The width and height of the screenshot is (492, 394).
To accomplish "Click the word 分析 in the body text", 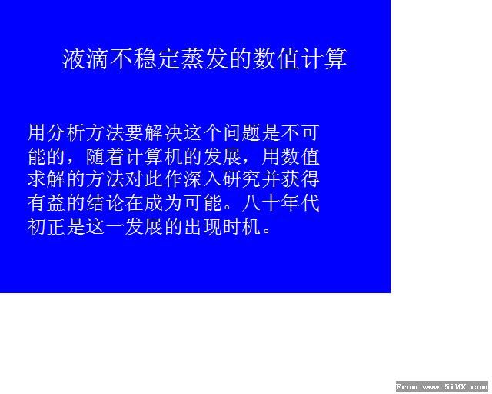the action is point(66,132).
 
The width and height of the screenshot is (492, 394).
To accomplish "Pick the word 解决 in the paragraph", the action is point(164,132).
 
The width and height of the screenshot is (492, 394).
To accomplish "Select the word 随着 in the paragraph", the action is point(105,156).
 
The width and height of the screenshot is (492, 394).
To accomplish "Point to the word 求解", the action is point(46,179).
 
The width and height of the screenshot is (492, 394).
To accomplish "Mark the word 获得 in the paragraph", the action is point(300,179).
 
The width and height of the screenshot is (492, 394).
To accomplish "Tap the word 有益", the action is point(46,203).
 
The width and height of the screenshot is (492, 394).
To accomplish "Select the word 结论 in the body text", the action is point(105,203).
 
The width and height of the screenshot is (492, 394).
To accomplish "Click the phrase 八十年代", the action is point(281,203).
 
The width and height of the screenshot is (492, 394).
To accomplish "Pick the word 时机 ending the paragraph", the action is point(241,226).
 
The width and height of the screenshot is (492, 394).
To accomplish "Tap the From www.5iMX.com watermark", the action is point(442,386).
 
